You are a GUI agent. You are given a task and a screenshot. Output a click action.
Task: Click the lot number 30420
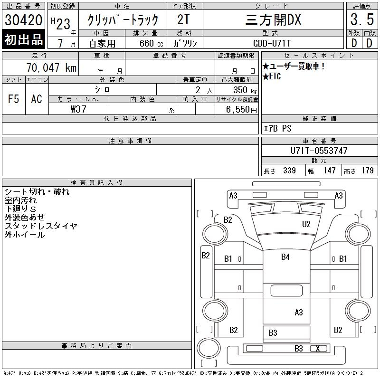click(x=23, y=20)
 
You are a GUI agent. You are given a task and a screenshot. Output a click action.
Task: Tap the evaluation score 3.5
click(x=362, y=19)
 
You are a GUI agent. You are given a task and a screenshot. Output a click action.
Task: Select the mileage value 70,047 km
click(x=51, y=67)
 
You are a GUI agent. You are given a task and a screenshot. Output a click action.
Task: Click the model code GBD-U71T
click(x=272, y=43)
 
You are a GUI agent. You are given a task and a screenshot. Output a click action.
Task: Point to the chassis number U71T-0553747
click(x=319, y=151)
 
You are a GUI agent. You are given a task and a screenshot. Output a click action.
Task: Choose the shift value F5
click(x=14, y=99)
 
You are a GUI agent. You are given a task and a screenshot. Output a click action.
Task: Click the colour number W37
click(x=78, y=109)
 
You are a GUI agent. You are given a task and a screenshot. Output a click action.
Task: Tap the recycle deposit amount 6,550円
click(x=241, y=110)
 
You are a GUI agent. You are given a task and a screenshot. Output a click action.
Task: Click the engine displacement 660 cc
click(x=151, y=43)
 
